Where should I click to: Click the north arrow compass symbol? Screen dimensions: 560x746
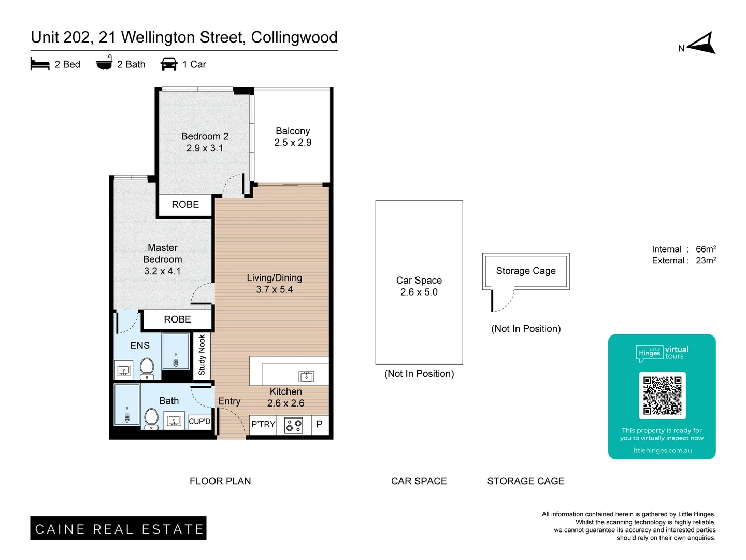tap(701, 43)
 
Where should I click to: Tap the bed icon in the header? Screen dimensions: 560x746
tap(40, 64)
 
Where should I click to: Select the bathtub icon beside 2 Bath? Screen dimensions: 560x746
tap(104, 63)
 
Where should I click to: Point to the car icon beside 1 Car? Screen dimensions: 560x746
tap(169, 64)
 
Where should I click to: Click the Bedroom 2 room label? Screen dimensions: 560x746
tap(205, 142)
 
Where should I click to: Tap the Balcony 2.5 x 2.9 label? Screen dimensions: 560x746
tap(293, 136)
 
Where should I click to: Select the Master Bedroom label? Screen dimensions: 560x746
tap(162, 259)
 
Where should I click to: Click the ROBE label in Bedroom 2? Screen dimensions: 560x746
tap(185, 205)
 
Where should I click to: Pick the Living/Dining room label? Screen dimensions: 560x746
tap(274, 284)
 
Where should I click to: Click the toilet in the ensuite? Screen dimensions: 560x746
tap(147, 367)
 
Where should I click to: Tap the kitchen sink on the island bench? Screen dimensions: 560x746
tap(306, 376)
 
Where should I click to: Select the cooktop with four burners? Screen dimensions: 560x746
tap(294, 425)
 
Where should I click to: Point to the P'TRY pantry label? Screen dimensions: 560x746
tap(263, 424)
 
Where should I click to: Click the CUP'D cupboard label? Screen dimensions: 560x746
tap(199, 422)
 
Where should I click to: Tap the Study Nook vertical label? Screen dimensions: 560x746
tap(202, 355)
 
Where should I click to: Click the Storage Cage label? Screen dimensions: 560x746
tap(525, 271)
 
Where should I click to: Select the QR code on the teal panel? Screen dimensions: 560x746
tap(662, 395)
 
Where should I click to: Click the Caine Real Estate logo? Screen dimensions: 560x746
tap(118, 528)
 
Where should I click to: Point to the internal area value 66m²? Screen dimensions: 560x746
tap(706, 249)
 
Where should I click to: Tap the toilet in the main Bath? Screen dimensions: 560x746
tap(151, 417)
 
